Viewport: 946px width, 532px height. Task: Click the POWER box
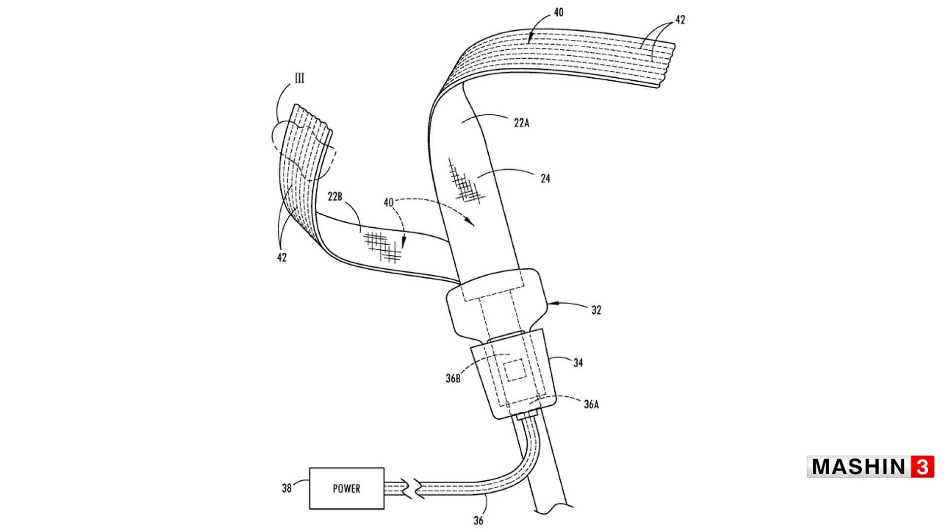[x=347, y=488]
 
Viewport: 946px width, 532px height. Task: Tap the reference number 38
[x=287, y=488]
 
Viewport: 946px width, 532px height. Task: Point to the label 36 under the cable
[x=478, y=520]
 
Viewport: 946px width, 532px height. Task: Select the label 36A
[x=591, y=404]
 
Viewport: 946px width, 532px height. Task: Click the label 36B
[x=453, y=378]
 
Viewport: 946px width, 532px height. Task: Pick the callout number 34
[x=578, y=363]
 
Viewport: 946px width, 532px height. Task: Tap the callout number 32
[x=596, y=310]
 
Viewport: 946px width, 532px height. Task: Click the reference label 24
[x=545, y=178]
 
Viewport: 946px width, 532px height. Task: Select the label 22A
[x=521, y=123]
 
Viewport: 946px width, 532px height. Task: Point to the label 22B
[x=335, y=197]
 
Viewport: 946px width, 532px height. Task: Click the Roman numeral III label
[x=299, y=78]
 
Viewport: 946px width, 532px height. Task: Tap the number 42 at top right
[x=680, y=20]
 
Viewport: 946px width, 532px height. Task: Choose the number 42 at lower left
[x=282, y=257]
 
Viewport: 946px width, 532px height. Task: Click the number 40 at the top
[x=558, y=12]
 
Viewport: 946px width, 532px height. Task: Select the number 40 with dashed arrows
[x=388, y=202]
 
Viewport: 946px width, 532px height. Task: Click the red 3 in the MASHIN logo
[x=922, y=466]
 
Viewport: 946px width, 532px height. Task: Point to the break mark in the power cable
[x=412, y=489]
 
